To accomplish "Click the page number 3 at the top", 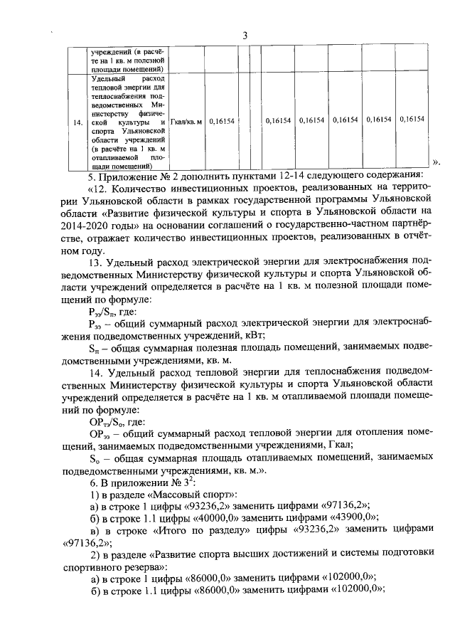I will point(244,36).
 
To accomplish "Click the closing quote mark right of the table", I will point(437,162).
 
